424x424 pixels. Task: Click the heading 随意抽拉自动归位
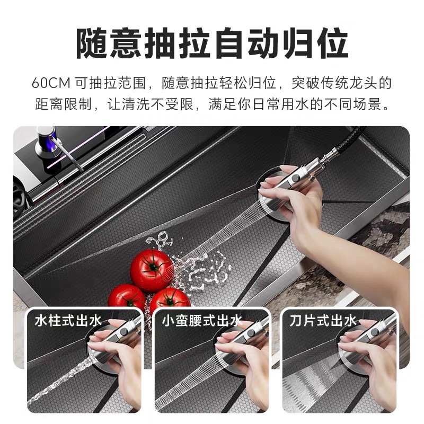(x=212, y=43)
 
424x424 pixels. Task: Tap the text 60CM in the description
(x=50, y=83)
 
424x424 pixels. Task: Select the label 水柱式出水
(x=68, y=321)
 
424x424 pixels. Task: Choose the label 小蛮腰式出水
(x=201, y=321)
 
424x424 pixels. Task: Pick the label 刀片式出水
(x=323, y=321)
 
